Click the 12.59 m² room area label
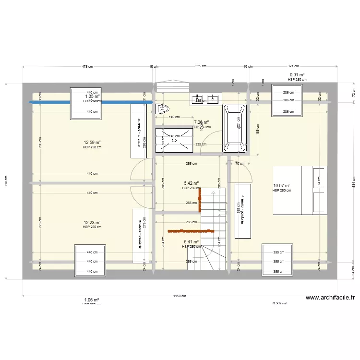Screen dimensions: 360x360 click(92, 143)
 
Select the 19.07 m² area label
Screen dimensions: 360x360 click(282, 186)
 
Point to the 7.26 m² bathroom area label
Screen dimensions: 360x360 click(201, 122)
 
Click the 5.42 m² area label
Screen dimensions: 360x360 click(191, 183)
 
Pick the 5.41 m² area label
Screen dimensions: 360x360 click(191, 242)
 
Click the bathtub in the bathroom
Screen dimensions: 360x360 click(235, 128)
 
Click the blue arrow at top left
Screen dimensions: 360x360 click(91, 102)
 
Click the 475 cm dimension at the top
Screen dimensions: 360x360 click(86, 66)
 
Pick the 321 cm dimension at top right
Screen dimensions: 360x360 click(293, 66)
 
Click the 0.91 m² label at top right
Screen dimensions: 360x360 click(297, 75)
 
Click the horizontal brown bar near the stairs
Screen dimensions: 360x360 click(184, 231)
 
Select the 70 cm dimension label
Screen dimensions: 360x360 click(238, 164)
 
